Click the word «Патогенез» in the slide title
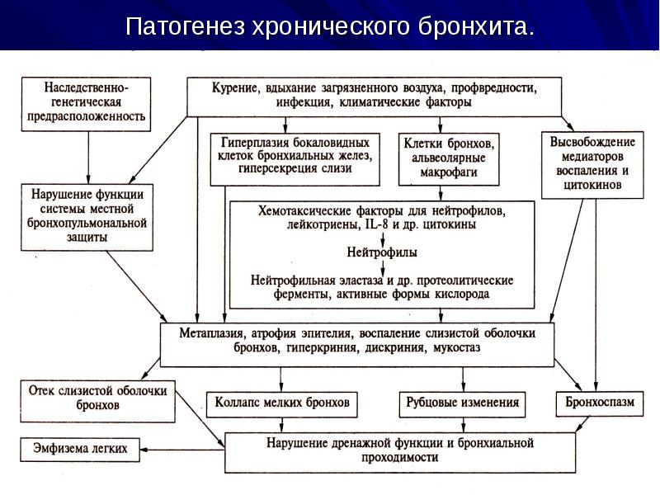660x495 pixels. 185,26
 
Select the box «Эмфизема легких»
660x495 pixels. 80,449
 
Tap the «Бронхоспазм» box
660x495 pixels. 600,403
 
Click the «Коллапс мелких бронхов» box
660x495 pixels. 282,404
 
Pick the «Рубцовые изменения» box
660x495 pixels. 462,404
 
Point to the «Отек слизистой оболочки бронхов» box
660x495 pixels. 97,401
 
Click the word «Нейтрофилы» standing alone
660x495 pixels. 382,252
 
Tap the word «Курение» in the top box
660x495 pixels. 234,88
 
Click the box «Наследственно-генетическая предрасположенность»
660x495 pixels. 86,104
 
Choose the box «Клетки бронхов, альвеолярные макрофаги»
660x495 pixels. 449,159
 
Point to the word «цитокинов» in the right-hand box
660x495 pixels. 592,185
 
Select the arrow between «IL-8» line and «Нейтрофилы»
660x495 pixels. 383,238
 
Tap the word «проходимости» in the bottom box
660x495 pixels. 400,457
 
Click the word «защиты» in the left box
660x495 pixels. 87,238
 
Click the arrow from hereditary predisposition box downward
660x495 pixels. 88,158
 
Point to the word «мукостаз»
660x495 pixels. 457,348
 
